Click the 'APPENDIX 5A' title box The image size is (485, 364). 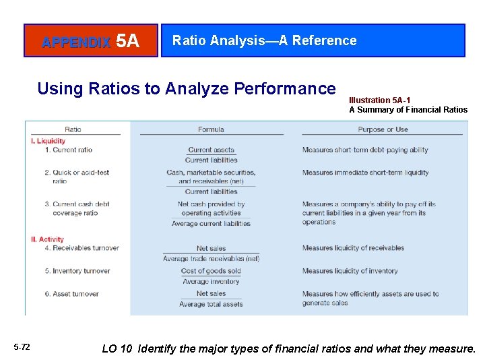pos(91,41)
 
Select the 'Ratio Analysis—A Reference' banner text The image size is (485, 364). pos(264,40)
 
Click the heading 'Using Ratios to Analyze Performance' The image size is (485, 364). pos(187,88)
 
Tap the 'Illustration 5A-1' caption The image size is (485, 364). pos(379,100)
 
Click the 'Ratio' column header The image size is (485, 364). pos(73,129)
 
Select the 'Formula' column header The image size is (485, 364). pos(211,129)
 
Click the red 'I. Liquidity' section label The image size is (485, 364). pos(48,141)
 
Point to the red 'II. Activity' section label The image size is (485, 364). pos(48,239)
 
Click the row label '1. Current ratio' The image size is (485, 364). pos(68,150)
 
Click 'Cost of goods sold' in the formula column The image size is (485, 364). pos(211,271)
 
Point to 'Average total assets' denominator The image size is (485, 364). pos(211,304)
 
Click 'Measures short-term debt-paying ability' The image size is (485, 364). pos(365,150)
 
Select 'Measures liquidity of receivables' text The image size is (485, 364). pos(353,248)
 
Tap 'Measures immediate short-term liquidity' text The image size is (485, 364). pos(365,173)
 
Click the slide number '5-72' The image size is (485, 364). pos(22,347)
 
